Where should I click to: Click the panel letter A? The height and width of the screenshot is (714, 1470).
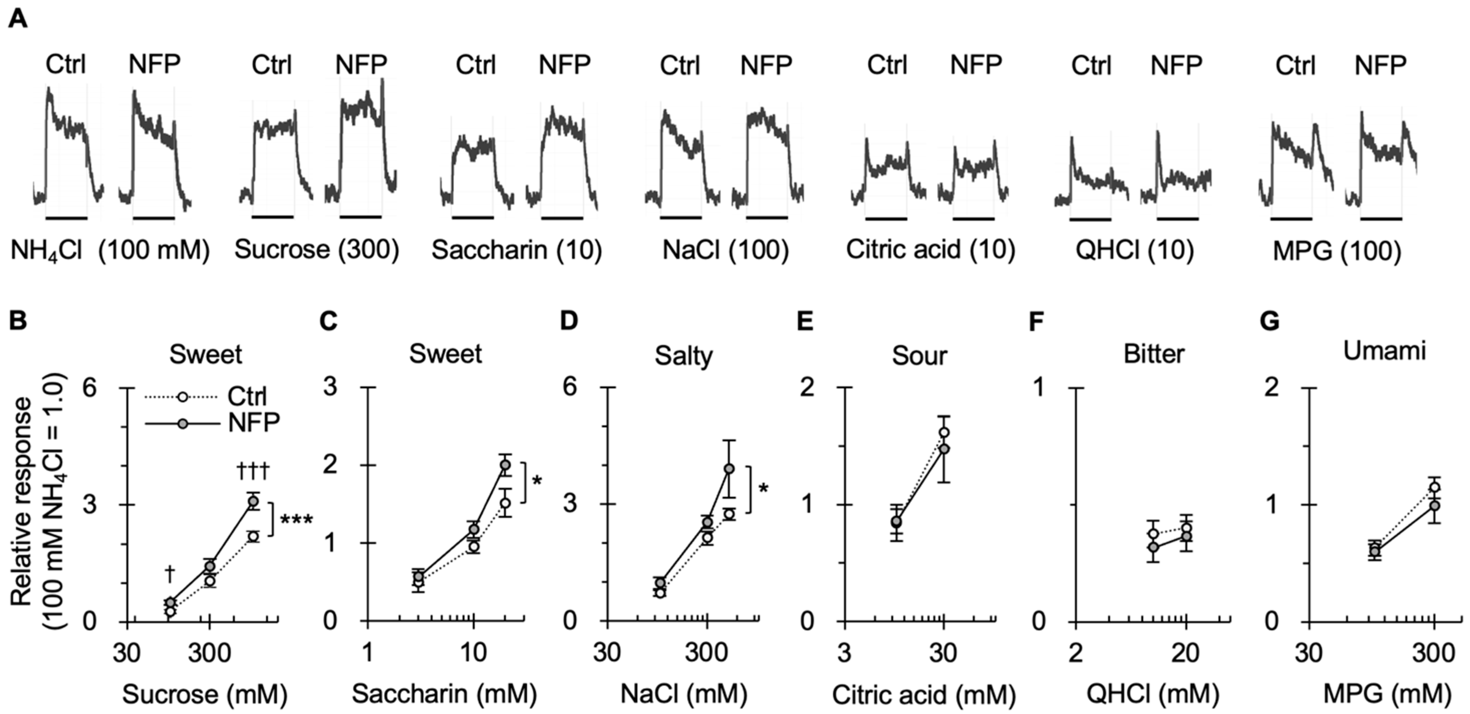click(18, 20)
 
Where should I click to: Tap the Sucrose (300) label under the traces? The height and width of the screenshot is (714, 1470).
click(317, 250)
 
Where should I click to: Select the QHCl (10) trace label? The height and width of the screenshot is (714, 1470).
click(1134, 250)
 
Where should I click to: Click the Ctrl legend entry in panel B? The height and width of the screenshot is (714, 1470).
click(247, 396)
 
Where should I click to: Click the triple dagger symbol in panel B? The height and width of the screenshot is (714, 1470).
click(252, 473)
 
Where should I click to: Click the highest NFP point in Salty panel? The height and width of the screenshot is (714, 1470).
click(729, 468)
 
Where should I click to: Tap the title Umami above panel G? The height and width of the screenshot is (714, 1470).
click(1384, 351)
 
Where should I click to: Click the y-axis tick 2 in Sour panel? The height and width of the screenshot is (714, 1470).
click(824, 388)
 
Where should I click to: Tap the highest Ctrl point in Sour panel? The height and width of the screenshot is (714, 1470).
click(944, 432)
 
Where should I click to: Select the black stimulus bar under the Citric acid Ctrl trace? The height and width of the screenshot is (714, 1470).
click(886, 218)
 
